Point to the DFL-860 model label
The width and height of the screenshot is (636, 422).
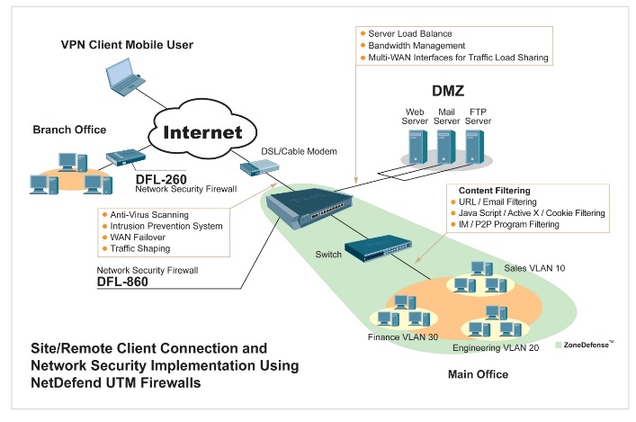point(123,282)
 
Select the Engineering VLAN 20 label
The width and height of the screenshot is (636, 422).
point(495,346)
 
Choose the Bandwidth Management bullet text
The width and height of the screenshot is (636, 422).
point(417,45)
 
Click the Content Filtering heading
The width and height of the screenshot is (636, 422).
point(494,191)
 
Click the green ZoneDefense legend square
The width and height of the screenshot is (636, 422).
point(560,344)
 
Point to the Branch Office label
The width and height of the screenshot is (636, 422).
point(69,130)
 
